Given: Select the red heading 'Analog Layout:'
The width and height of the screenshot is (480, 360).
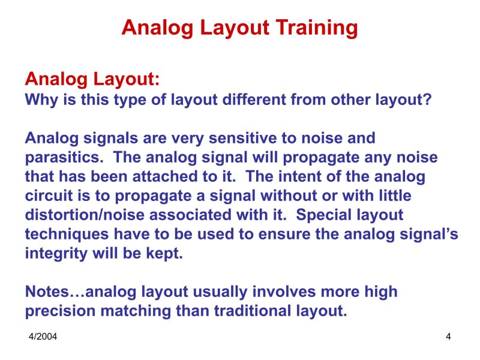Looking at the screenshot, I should (92, 79).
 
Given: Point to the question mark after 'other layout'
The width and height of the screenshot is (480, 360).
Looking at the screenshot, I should (427, 99).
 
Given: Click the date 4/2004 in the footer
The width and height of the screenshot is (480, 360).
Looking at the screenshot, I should (43, 337).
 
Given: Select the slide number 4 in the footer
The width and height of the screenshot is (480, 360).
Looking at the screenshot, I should (448, 337).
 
